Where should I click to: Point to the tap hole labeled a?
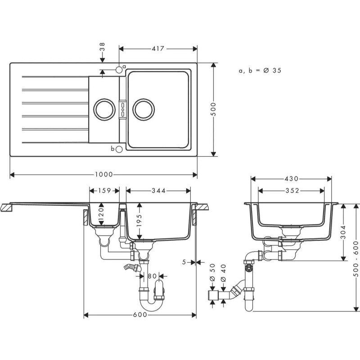tap(119, 69)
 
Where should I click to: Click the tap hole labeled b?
tap(118, 149)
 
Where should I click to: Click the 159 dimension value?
tap(104, 191)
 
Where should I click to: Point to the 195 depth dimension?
tap(139, 220)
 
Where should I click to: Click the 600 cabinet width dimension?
tap(140, 315)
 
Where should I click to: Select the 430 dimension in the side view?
tap(292, 179)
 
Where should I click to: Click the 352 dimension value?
tap(292, 191)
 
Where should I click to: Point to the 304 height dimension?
tap(344, 232)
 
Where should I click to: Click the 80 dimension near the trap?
tap(152, 275)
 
